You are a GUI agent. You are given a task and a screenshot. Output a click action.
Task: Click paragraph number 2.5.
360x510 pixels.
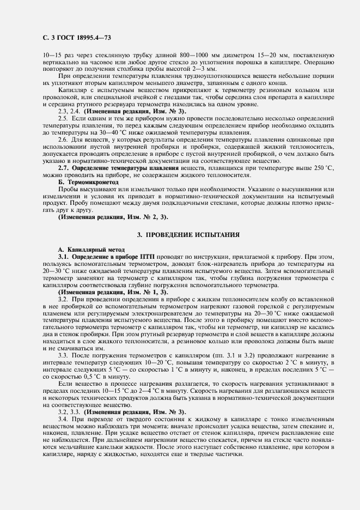click(x=63, y=118)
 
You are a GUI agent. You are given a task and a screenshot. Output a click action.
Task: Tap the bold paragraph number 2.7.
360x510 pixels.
click(x=63, y=169)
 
